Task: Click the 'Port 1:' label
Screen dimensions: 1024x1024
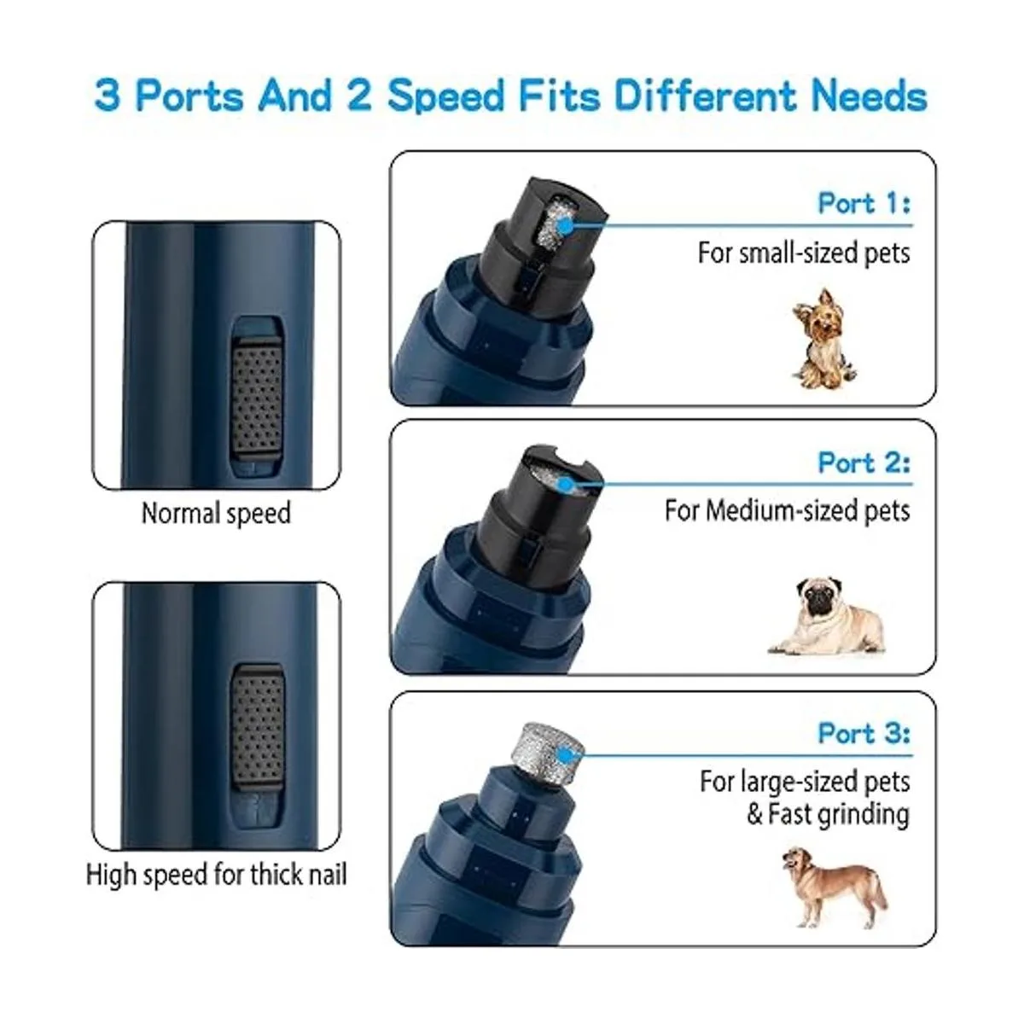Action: [x=864, y=204]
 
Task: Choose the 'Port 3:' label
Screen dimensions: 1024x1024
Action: [x=864, y=734]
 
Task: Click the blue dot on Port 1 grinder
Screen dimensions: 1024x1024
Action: [x=566, y=226]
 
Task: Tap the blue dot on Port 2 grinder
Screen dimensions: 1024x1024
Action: [x=567, y=485]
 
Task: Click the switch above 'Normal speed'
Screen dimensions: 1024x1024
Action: [x=257, y=394]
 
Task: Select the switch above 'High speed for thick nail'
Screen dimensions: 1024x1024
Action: [x=257, y=725]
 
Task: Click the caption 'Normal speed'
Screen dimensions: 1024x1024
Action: [x=216, y=514]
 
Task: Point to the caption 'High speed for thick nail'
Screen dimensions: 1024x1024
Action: [x=216, y=875]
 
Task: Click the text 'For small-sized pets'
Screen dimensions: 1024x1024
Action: [x=804, y=253]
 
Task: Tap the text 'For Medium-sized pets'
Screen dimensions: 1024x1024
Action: [x=787, y=511]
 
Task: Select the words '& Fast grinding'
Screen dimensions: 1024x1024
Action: [x=828, y=815]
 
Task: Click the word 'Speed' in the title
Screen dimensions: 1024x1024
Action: [x=445, y=96]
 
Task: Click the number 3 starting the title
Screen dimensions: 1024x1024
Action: [x=108, y=96]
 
